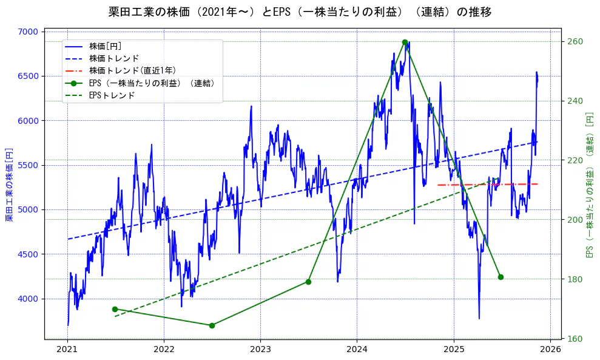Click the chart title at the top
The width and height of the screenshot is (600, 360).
tap(300, 12)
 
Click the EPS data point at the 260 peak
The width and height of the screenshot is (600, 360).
tap(405, 42)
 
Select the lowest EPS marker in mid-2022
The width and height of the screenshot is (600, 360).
tap(212, 325)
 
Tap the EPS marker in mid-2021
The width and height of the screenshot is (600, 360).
tap(115, 309)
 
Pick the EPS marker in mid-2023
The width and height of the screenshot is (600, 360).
tap(308, 282)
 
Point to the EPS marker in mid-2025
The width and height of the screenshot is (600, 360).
tap(501, 277)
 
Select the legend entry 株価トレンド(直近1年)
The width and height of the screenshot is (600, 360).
tap(141, 70)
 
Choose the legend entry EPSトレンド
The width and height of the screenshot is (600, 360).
tap(112, 95)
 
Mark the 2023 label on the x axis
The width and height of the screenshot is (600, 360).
tap(260, 349)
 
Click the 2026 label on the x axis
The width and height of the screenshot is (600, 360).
tap(550, 349)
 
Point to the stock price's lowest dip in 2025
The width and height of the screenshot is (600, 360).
tap(479, 318)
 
